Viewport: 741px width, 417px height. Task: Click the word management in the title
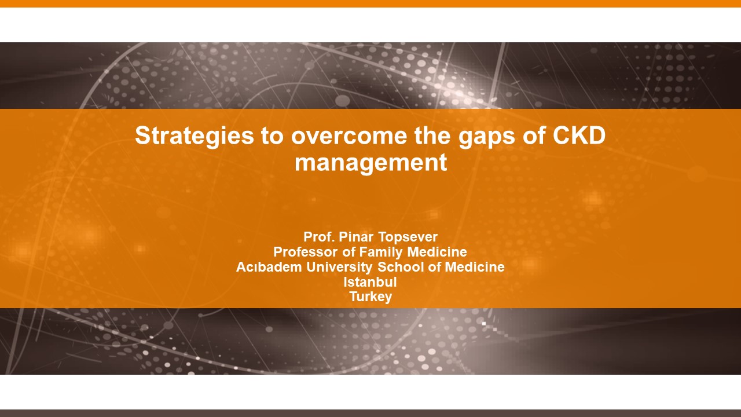tap(370, 163)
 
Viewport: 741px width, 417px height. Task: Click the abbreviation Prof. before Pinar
tap(318, 237)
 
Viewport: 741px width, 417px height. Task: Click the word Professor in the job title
tap(305, 252)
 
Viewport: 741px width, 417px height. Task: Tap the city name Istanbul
tap(370, 282)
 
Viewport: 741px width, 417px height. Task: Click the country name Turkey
tap(370, 297)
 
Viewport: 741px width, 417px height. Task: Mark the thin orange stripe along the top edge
tap(370, 3)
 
